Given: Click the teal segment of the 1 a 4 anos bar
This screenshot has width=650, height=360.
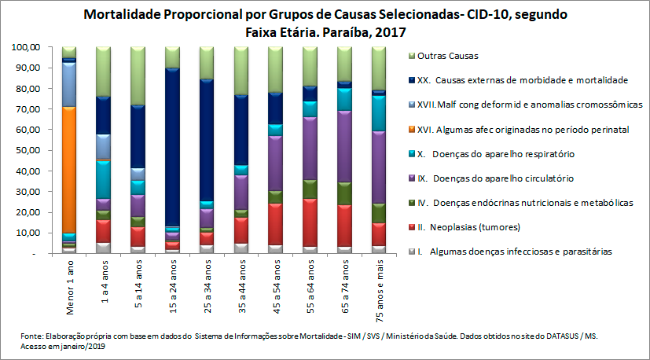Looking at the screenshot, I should [x=103, y=179].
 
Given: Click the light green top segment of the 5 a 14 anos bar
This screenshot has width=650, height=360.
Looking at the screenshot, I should [x=138, y=75].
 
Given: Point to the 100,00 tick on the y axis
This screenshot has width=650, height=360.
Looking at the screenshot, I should [x=27, y=47].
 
